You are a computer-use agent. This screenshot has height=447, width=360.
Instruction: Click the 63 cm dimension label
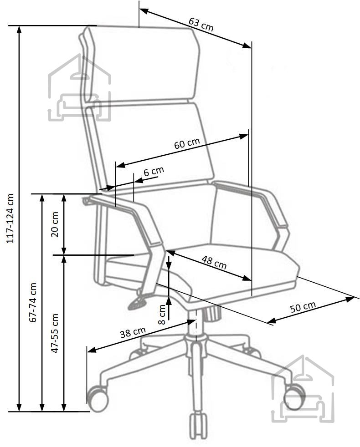coord(201,25)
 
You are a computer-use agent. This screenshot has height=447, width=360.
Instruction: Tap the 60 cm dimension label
coord(187,143)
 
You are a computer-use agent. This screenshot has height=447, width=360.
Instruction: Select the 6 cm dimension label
coord(154,172)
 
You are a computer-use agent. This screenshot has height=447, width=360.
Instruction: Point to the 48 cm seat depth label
coord(214,263)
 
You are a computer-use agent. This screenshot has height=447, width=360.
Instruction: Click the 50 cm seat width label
coord(303,307)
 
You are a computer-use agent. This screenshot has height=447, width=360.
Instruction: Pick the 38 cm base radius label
coord(133,332)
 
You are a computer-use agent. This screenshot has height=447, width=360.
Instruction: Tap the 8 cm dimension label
coord(162,314)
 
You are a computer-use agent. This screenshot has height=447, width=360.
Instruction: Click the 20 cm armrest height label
coord(55,224)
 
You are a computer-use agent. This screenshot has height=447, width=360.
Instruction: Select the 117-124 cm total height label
coord(10,218)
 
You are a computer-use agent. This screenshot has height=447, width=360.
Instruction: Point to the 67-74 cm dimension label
coord(33,302)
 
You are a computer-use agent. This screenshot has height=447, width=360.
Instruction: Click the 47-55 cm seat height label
coord(55,333)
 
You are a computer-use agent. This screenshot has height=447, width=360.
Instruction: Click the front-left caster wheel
coord(98,399)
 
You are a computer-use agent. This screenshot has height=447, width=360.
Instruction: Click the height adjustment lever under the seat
coord(138,302)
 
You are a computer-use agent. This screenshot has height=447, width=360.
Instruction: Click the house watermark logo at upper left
coord(79,88)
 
